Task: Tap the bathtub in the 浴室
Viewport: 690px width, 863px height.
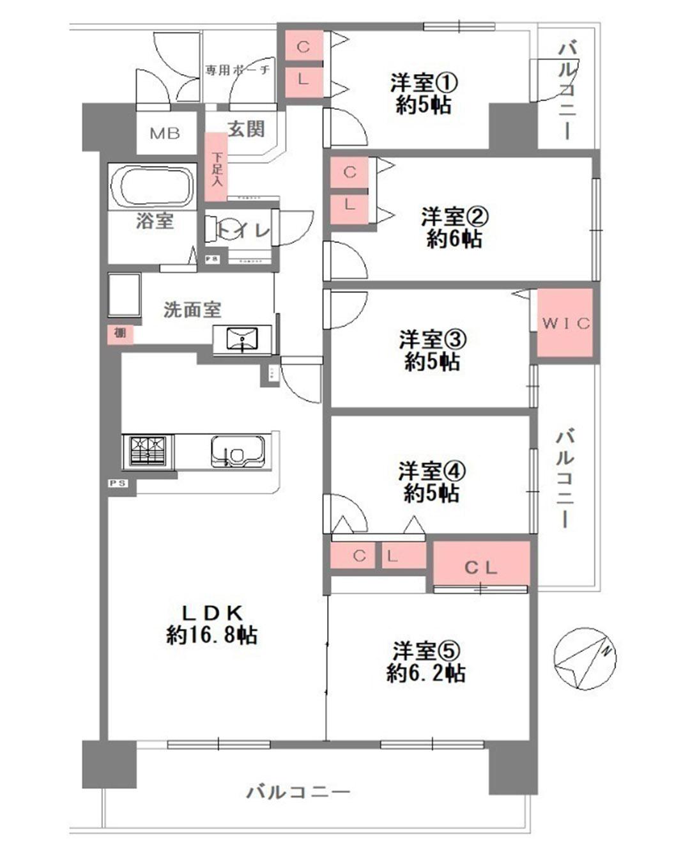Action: tap(153, 186)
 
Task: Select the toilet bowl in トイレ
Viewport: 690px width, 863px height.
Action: tap(220, 229)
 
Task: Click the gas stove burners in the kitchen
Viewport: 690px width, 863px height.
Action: tap(149, 451)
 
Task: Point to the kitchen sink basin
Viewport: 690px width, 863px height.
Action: tap(238, 452)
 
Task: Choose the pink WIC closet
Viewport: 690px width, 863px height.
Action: tap(565, 323)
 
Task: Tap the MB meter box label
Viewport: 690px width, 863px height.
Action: tap(165, 134)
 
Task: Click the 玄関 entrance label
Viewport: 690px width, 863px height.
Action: tap(246, 129)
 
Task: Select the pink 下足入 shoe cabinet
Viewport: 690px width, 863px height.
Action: tap(217, 167)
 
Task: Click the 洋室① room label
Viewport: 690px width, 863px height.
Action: tap(424, 93)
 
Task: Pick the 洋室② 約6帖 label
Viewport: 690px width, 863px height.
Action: tap(454, 228)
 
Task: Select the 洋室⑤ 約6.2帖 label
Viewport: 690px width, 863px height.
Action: tap(425, 662)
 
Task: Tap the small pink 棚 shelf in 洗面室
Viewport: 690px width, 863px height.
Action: tap(119, 333)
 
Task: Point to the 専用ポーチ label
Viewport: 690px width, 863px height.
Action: tap(238, 70)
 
